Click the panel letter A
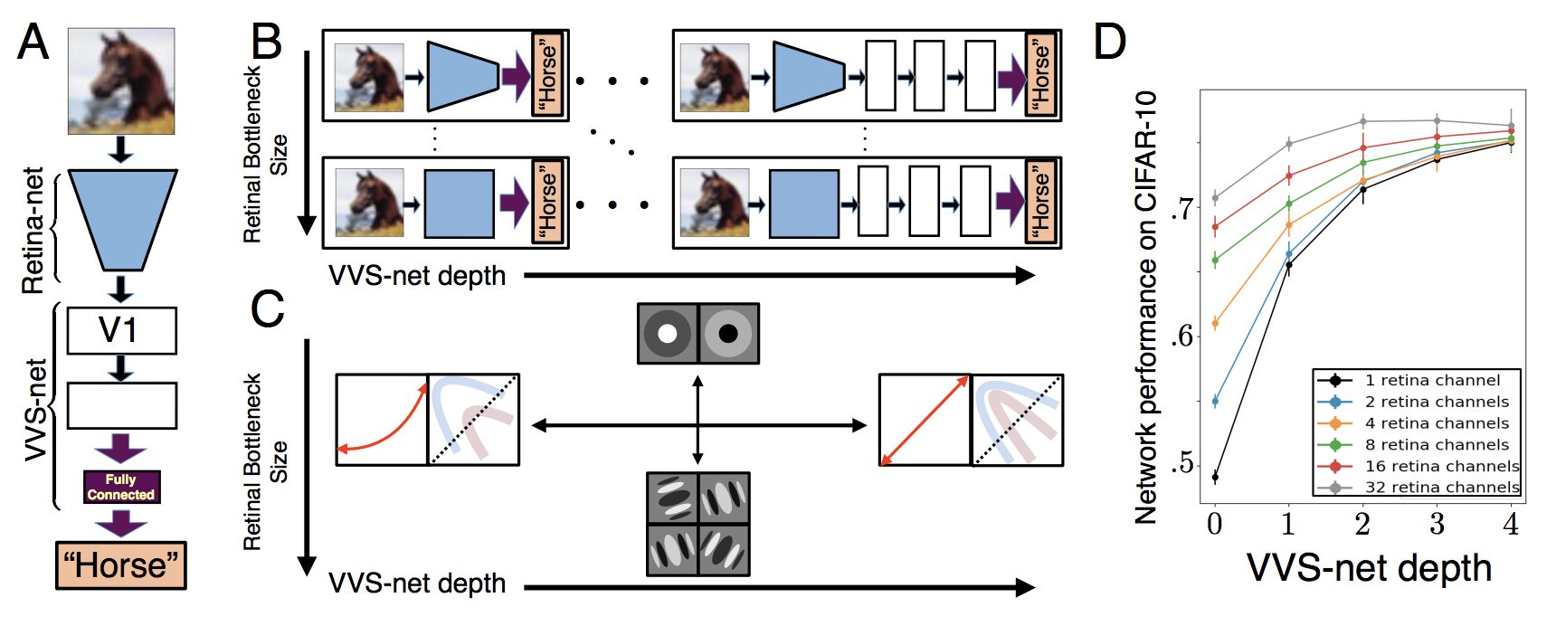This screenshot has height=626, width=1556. coord(33,42)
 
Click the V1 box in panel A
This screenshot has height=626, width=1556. coord(121,330)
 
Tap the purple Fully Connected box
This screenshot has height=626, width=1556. coord(121,487)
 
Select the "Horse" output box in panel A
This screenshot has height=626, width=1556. coord(121,565)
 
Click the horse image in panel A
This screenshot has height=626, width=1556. coord(121,81)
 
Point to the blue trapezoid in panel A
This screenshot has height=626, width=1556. coord(122,220)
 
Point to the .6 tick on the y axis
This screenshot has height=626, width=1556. coord(1181,337)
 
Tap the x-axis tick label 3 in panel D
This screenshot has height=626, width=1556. coord(1437,524)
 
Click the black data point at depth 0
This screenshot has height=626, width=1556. coord(1215,477)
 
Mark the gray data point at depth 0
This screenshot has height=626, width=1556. coord(1215,197)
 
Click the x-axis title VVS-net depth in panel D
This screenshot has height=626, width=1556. coord(1369,568)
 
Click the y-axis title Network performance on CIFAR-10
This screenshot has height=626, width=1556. coord(1146,308)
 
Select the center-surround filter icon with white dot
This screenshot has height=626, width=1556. coord(668,333)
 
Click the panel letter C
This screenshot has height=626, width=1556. coord(267,308)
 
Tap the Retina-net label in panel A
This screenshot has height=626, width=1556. coord(33,230)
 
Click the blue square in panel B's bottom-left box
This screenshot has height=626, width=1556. coord(459,204)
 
